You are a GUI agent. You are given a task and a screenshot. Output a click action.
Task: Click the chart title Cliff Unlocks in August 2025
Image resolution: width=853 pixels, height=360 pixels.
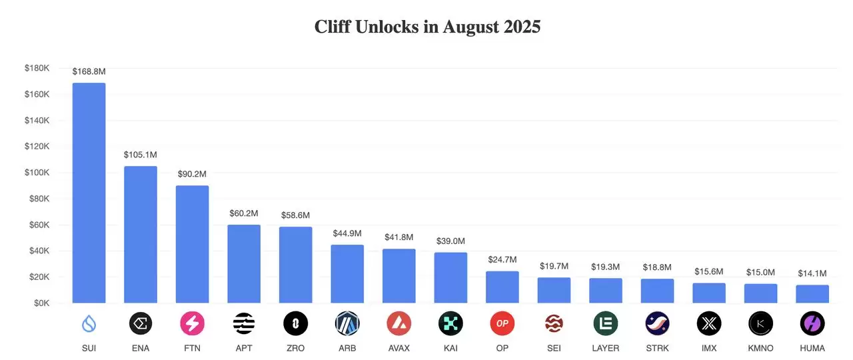[x=427, y=27]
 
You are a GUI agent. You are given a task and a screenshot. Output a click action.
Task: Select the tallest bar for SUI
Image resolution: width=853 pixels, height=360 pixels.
[x=89, y=193]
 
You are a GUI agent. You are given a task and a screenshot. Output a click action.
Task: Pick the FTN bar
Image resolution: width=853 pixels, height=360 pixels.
[x=192, y=244]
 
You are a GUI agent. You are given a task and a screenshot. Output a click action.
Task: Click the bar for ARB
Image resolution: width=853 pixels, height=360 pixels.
[x=347, y=274]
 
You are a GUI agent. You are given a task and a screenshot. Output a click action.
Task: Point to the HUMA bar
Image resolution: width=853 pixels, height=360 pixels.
[x=812, y=294]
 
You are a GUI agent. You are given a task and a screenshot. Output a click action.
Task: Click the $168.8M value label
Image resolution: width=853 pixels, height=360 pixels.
[x=89, y=71]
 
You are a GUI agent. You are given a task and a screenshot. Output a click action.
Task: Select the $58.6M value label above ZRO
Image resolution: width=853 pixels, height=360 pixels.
[x=295, y=215]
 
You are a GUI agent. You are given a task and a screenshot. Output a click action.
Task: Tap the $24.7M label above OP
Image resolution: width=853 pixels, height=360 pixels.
[x=502, y=259]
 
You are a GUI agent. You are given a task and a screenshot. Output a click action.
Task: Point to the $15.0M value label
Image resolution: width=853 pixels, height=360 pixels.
[x=760, y=272]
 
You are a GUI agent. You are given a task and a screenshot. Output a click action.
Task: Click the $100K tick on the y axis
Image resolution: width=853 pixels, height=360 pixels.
[x=37, y=173]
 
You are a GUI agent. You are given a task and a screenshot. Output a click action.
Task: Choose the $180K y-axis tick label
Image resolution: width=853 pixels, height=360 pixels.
[x=37, y=68]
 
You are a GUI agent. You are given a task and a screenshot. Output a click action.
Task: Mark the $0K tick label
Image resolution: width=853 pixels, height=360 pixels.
[x=41, y=303]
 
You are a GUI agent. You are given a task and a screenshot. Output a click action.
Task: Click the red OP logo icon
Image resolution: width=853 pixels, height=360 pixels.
[x=502, y=324]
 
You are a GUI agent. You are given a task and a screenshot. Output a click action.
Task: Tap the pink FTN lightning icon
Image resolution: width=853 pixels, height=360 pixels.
[x=192, y=324]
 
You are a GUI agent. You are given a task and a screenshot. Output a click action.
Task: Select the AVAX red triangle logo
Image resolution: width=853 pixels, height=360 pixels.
[x=399, y=324]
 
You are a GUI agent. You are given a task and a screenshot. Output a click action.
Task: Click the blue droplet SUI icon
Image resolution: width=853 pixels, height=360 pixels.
[x=89, y=324]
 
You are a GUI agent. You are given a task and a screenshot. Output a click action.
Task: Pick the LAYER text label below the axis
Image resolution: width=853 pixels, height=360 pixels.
[x=605, y=348]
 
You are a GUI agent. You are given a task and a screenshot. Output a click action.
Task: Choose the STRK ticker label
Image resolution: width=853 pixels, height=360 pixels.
[x=657, y=348]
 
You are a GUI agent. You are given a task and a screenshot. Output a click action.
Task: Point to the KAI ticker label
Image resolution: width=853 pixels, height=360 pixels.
[x=450, y=348]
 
